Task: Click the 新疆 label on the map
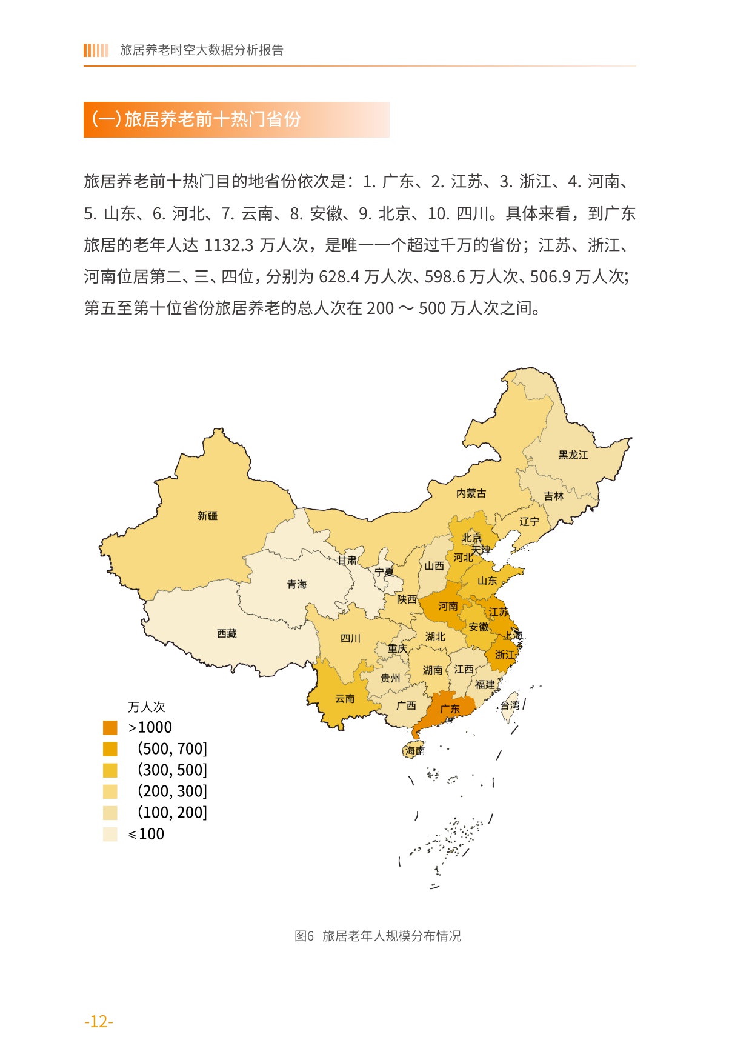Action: tap(207, 516)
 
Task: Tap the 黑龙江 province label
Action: tap(573, 455)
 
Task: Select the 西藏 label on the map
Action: tap(227, 633)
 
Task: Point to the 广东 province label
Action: tap(450, 708)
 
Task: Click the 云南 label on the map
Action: tap(345, 698)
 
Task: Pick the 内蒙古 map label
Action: tap(471, 493)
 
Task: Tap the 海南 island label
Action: tap(415, 750)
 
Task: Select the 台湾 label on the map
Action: tap(510, 705)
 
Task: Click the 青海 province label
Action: tap(297, 584)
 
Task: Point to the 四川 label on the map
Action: tap(350, 638)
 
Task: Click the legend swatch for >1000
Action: tap(110, 727)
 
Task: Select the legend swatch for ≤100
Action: tap(110, 834)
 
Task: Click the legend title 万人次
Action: tap(146, 707)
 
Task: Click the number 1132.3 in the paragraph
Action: tap(228, 245)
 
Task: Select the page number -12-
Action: tap(99, 1021)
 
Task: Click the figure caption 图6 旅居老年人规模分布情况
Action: tap(377, 936)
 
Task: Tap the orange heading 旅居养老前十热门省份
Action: tap(212, 119)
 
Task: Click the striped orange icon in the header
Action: tap(96, 50)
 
